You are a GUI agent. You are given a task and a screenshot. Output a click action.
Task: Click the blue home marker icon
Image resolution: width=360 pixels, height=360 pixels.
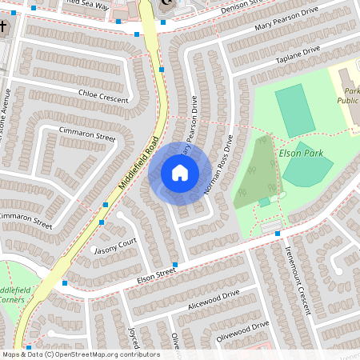coord(179,172)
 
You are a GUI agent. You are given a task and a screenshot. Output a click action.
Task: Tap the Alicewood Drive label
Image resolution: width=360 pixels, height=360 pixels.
coord(214,299)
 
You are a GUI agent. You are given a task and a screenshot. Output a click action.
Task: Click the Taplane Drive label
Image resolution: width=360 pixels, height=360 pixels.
coord(297,55)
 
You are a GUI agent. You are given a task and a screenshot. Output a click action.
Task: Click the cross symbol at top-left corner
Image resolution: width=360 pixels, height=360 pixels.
coord(3,26)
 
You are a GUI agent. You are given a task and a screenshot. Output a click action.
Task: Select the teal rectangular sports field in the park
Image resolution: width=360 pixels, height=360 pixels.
coord(294,110)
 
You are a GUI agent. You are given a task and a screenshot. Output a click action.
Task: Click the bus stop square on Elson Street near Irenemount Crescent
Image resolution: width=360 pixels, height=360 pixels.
coord(278,233)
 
